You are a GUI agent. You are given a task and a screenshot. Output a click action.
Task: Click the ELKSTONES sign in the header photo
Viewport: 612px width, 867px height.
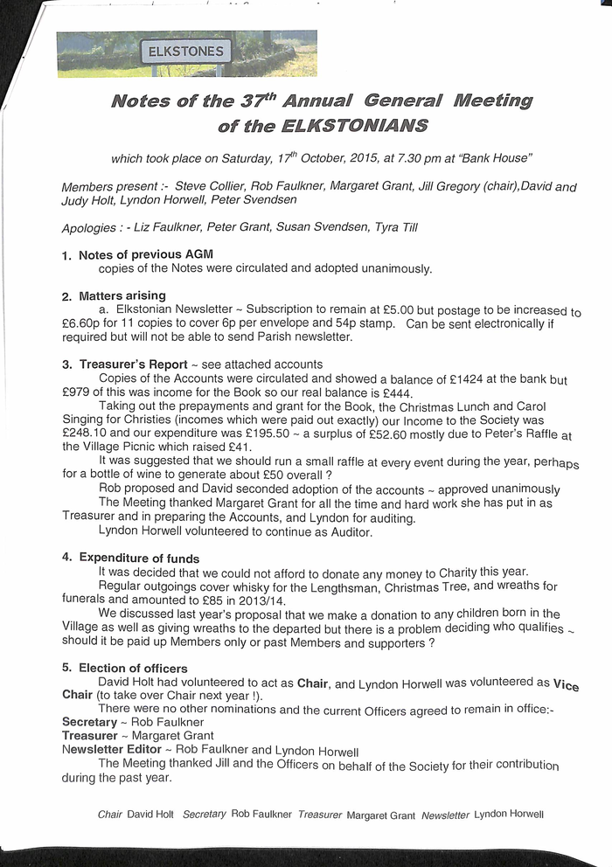point(186,52)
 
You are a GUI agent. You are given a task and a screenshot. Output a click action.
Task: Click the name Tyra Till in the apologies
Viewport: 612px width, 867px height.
point(398,228)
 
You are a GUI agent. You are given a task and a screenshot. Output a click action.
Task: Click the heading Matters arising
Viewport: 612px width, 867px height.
point(122,295)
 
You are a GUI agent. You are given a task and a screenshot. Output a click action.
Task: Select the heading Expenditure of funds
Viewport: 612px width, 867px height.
point(139,558)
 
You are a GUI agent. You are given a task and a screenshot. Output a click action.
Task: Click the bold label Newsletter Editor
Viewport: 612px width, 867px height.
point(111,750)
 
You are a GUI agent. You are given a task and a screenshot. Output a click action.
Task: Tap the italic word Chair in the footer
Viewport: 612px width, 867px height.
point(110,815)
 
